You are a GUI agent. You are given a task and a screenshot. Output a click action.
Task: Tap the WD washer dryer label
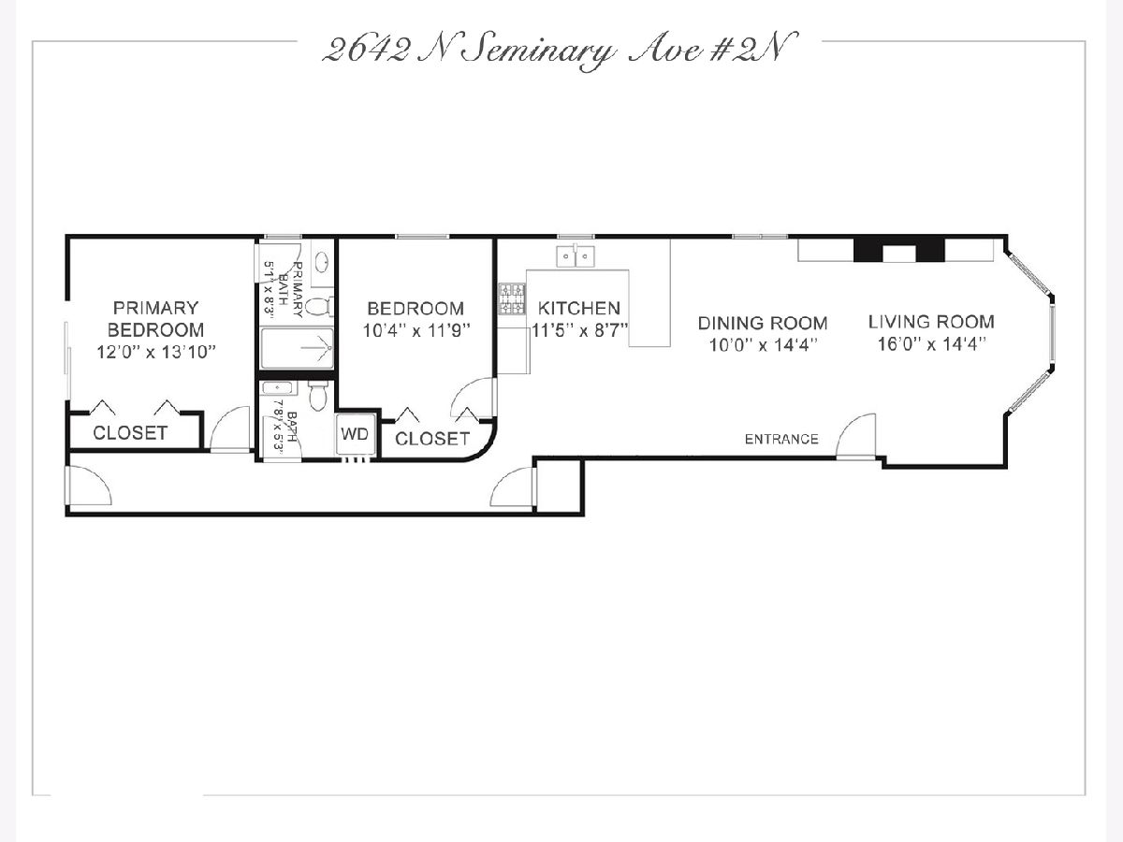click(355, 434)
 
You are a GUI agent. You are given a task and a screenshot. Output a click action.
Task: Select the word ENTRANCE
click(781, 439)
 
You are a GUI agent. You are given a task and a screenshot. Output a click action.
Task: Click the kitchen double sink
click(576, 255)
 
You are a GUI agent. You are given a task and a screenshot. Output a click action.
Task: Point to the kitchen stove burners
click(512, 298)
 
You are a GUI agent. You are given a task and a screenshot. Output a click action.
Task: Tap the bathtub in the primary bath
click(297, 348)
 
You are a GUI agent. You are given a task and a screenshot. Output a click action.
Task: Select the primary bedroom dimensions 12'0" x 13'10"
click(156, 352)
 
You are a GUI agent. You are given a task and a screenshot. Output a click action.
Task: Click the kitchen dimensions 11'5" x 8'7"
click(579, 331)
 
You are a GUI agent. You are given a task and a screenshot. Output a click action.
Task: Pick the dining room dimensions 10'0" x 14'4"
click(763, 345)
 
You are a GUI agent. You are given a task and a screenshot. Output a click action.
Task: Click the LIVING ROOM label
click(931, 322)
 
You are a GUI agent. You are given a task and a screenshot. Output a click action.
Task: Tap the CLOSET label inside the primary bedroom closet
click(130, 433)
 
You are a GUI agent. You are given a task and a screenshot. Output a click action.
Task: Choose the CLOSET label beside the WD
click(432, 439)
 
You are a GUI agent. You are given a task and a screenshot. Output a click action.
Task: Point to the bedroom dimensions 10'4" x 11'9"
click(416, 331)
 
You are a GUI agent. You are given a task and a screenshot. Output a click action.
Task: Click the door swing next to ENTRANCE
click(855, 436)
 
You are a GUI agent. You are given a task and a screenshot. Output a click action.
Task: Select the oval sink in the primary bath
click(322, 262)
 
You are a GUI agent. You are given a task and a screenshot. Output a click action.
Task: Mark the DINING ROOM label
click(763, 323)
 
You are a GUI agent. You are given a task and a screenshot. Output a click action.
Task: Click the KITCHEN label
click(579, 309)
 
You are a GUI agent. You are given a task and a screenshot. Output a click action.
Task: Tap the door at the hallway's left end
click(88, 486)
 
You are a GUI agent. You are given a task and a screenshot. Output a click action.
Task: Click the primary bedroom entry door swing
click(230, 428)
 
